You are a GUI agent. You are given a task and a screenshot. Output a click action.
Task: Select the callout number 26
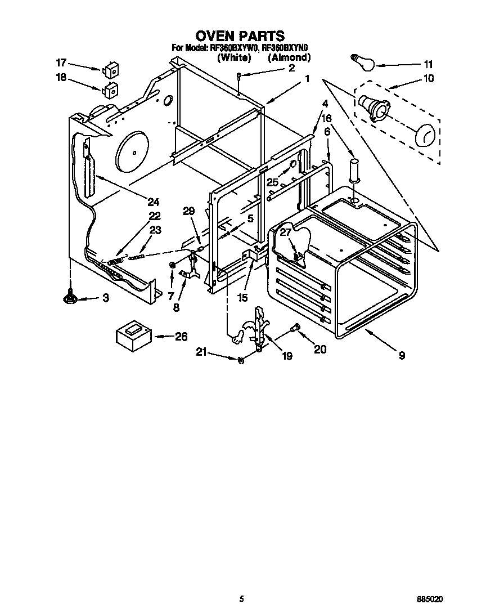tap(181, 337)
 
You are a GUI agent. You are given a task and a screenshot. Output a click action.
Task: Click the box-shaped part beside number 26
tap(134, 337)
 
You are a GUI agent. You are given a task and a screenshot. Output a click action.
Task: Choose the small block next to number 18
tap(110, 89)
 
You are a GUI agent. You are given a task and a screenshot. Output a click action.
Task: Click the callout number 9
tap(401, 355)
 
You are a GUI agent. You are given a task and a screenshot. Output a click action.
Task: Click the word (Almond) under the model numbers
tap(289, 57)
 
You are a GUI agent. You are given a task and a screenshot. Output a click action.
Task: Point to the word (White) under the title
tap(234, 57)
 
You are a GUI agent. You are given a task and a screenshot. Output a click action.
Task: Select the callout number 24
tap(153, 202)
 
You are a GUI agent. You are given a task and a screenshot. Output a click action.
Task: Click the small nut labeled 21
tap(240, 360)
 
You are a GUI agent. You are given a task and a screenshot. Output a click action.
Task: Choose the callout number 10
tap(429, 78)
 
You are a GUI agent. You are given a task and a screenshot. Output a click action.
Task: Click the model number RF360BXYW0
tap(233, 48)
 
